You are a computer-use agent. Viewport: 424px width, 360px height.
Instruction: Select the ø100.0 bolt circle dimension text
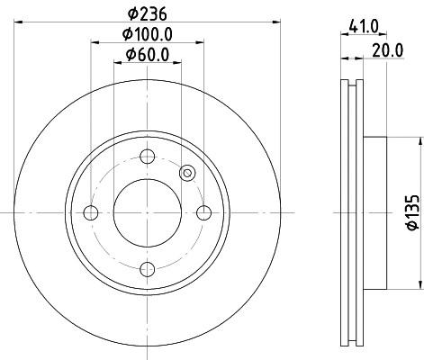149,36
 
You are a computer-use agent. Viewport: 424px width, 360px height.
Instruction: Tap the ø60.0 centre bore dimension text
149,57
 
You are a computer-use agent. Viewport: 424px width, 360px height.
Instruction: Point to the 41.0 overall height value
363,28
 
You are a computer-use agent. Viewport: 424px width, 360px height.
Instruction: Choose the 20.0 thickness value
387,50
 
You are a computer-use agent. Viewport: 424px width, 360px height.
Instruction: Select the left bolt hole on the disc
91,212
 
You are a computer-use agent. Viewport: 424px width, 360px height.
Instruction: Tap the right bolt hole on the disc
204,212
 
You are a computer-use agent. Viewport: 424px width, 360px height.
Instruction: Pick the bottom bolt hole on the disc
148,268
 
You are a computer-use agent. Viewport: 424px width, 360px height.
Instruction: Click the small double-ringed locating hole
187,173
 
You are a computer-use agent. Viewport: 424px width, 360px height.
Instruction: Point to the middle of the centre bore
148,212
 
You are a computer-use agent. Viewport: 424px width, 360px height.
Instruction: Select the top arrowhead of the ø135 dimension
420,141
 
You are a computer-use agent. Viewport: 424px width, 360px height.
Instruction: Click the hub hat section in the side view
376,212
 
